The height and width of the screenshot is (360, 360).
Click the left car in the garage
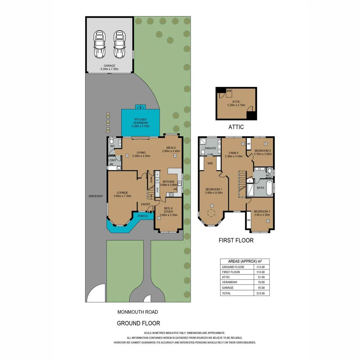click(99, 44)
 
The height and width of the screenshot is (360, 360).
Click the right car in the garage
click(119, 44)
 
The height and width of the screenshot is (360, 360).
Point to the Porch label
click(143, 216)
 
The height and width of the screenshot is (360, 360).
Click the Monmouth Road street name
click(137, 312)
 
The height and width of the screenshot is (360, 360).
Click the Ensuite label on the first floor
click(210, 148)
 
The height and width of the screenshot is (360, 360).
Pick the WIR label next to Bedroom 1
click(210, 163)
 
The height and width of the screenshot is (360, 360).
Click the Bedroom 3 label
click(262, 211)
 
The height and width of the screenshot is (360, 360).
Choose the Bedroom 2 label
click(262, 150)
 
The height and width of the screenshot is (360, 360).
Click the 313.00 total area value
click(261, 293)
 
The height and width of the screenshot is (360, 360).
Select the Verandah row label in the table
click(228, 282)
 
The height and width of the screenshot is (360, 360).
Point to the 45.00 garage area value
click(261, 288)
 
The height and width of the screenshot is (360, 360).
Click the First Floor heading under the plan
click(236, 240)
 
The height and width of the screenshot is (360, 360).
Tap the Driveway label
click(96, 196)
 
